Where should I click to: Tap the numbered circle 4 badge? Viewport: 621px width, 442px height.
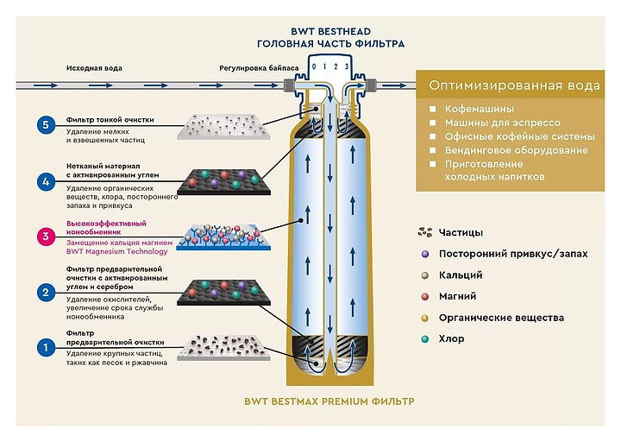click(46, 181)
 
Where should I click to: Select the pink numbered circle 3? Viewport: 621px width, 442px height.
click(46, 236)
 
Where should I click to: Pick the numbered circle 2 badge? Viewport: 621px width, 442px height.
click(46, 293)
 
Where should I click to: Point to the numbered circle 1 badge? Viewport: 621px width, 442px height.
click(46, 348)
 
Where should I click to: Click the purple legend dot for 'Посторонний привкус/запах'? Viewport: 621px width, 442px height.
click(424, 254)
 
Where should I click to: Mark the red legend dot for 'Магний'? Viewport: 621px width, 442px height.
click(424, 296)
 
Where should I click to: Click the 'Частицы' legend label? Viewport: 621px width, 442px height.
click(461, 232)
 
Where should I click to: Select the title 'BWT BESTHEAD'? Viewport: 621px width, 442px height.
click(329, 28)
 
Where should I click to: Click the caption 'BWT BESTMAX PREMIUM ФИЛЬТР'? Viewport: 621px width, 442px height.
click(329, 401)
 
